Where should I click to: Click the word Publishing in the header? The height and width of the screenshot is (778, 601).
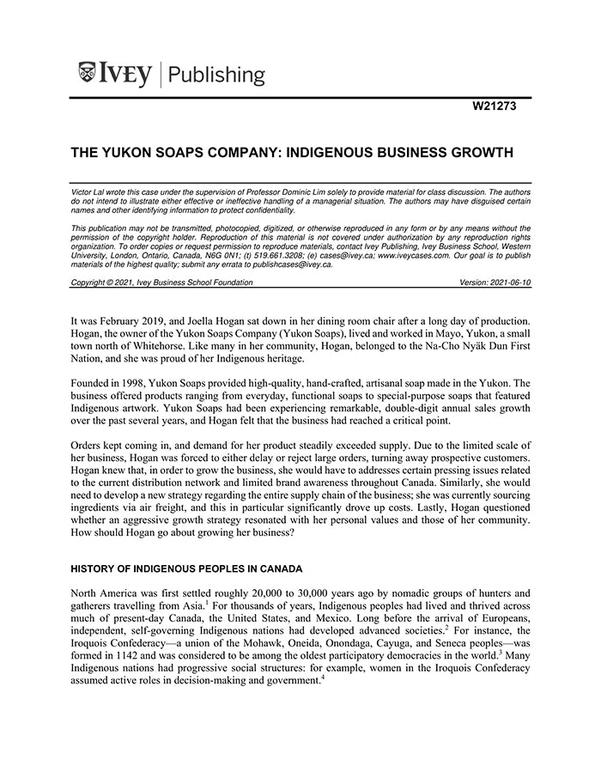(x=217, y=75)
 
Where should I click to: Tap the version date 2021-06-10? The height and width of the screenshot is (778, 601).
(x=511, y=283)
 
